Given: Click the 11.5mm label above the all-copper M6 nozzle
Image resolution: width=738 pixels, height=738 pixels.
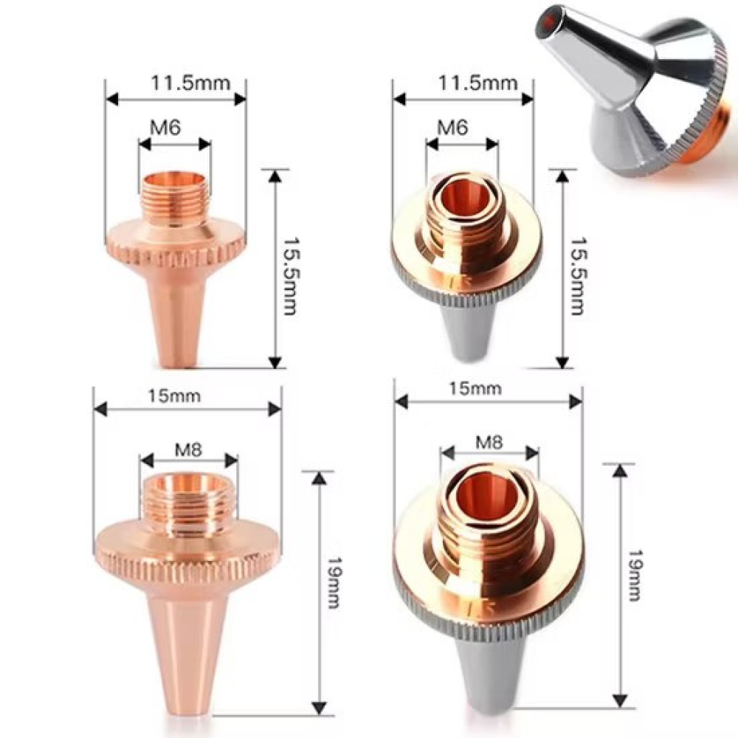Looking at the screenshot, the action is pos(190,83).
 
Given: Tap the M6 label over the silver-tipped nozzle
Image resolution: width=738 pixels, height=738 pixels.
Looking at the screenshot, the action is pos(452,127).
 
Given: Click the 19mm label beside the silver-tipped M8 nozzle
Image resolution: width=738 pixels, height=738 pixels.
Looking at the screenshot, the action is pos(635,575).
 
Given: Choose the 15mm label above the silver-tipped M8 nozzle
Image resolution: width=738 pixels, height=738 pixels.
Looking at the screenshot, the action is pos(475,388).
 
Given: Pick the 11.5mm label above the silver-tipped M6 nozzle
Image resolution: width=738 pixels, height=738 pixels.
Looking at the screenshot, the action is pos(477,83).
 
